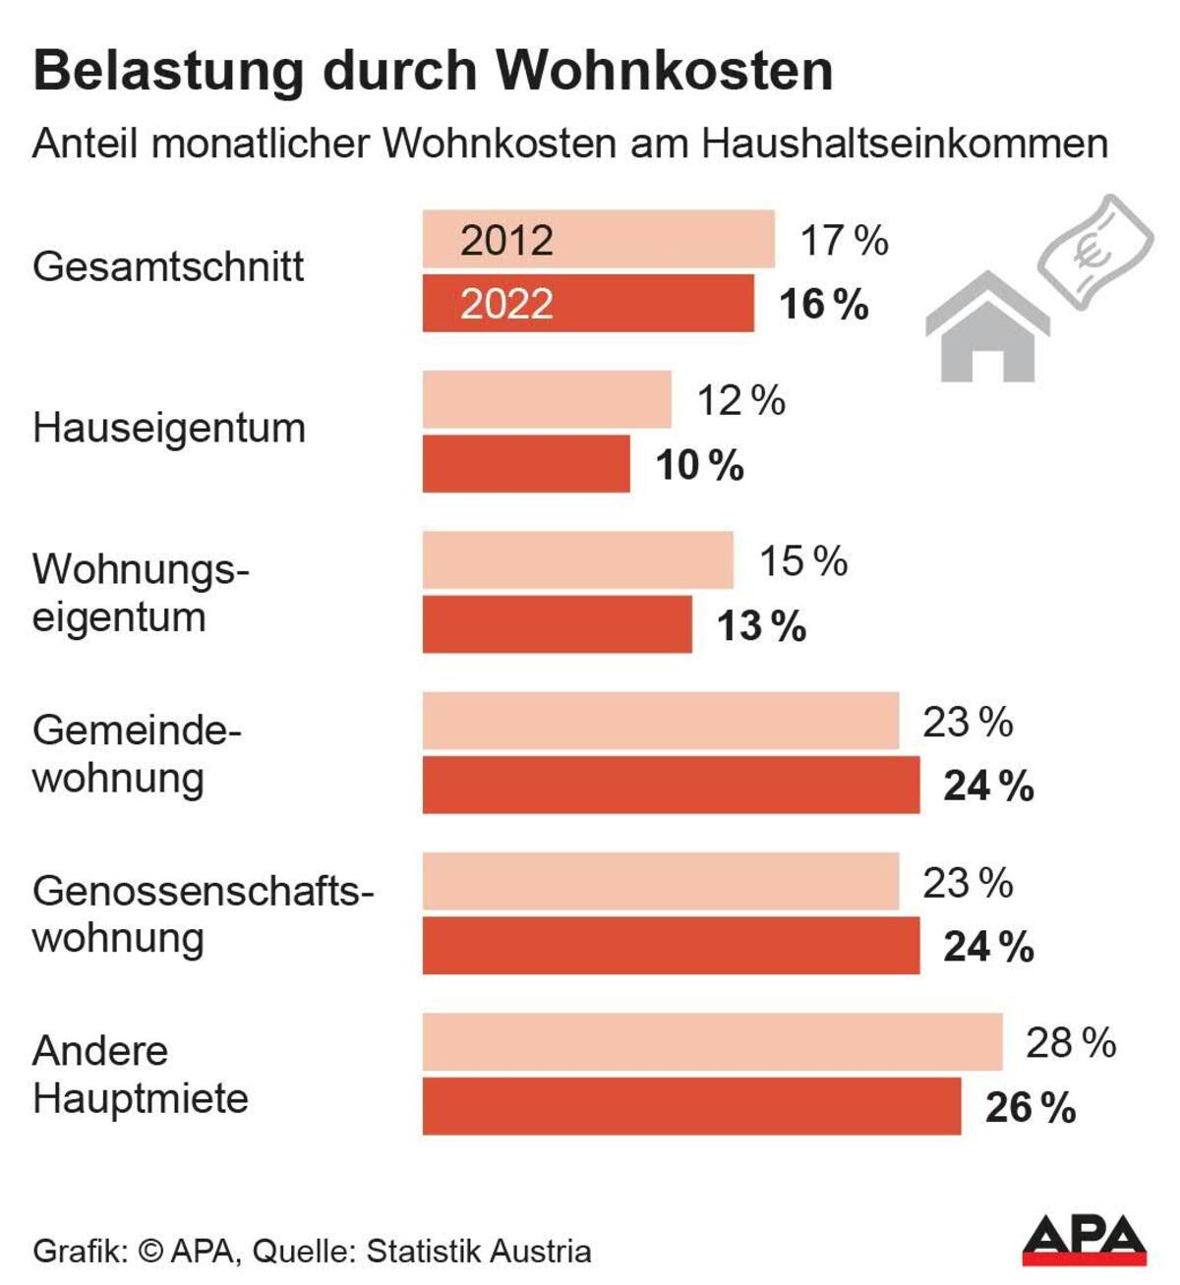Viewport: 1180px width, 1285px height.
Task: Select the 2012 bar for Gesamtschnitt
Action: pyautogui.click(x=598, y=239)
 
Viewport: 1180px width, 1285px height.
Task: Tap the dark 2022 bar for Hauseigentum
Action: pyautogui.click(x=526, y=464)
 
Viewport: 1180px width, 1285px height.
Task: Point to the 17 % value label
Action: pyautogui.click(x=844, y=241)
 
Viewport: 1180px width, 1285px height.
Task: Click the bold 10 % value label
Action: pyautogui.click(x=699, y=465)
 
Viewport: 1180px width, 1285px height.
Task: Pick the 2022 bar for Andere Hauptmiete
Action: pyautogui.click(x=691, y=1106)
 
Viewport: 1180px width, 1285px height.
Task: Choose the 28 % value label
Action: pyautogui.click(x=1070, y=1043)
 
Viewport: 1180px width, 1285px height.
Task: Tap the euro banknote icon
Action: pyautogui.click(x=1095, y=250)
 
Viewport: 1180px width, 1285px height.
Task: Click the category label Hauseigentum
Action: pyautogui.click(x=169, y=429)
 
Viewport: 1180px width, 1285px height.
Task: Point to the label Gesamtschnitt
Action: pyautogui.click(x=168, y=267)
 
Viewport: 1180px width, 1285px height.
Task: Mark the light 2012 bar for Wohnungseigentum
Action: pyautogui.click(x=577, y=560)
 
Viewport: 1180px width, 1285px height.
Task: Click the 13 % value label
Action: pyautogui.click(x=761, y=626)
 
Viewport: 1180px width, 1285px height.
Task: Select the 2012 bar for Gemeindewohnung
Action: pyautogui.click(x=660, y=721)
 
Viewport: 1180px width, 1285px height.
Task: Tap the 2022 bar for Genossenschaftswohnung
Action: pyautogui.click(x=671, y=946)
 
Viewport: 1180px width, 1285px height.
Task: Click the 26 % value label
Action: pyautogui.click(x=1030, y=1108)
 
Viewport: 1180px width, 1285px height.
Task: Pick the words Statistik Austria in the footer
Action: pyautogui.click(x=479, y=1252)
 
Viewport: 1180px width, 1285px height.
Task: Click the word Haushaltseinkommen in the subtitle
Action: pyautogui.click(x=905, y=144)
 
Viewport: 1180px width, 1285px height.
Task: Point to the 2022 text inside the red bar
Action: pyautogui.click(x=506, y=304)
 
